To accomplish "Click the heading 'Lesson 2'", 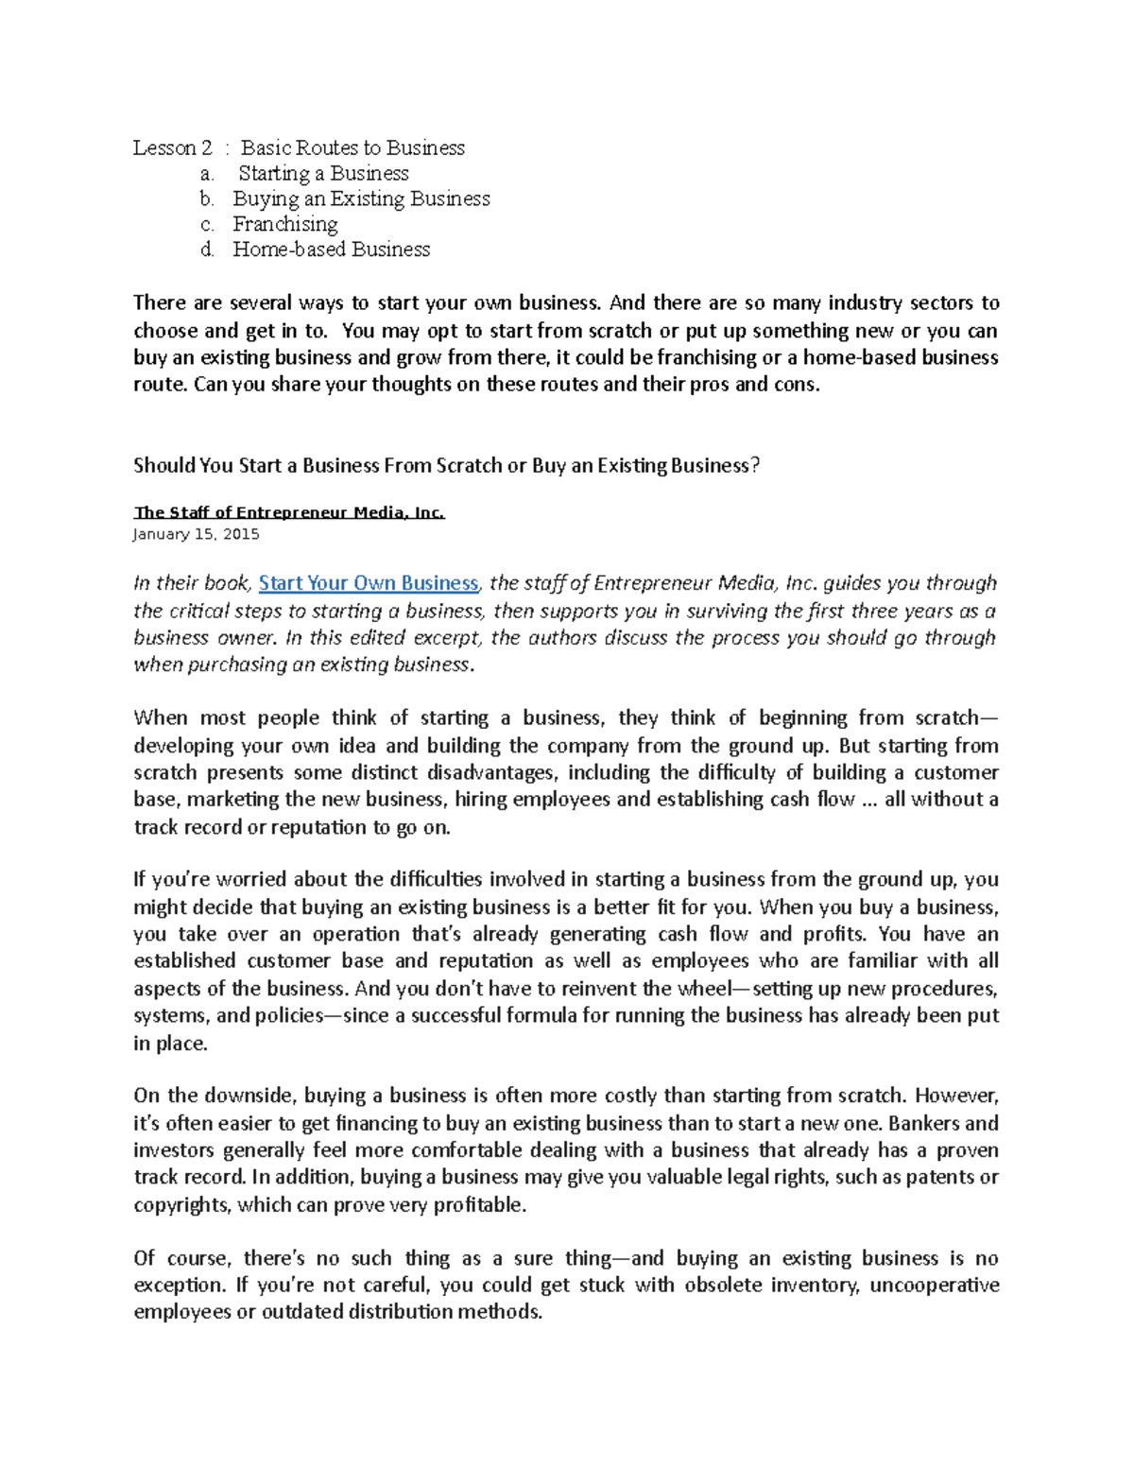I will coord(172,147).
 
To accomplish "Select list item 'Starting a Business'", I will coord(323,173).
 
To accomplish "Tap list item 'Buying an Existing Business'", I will coord(361,199).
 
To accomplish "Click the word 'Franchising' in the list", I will coord(284,224).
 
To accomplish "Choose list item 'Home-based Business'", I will coord(331,250).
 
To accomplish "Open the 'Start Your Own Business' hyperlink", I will coord(369,583).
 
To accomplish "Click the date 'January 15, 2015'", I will coord(197,534).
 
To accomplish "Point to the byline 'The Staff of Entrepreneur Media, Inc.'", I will coord(288,512).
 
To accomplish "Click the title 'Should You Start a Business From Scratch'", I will coord(446,465).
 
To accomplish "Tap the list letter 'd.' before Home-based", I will coord(208,250).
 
